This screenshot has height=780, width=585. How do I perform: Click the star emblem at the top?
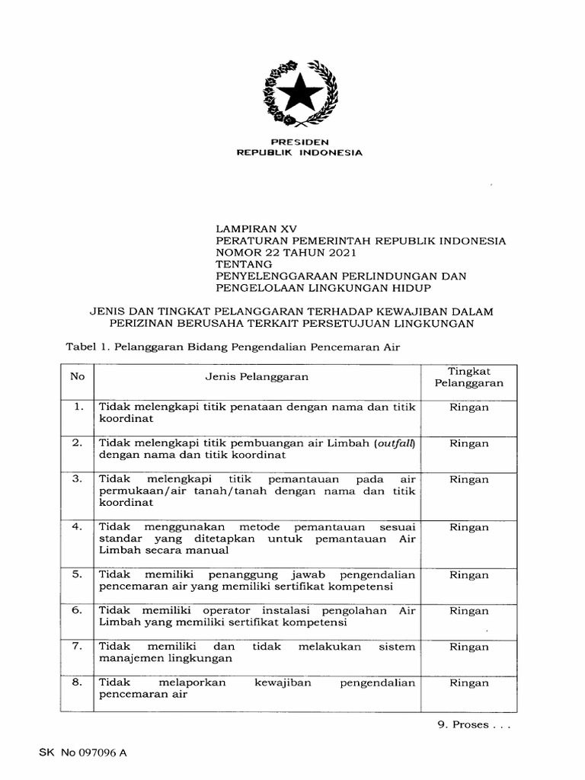pyautogui.click(x=299, y=95)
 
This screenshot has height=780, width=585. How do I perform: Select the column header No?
pyautogui.click(x=76, y=376)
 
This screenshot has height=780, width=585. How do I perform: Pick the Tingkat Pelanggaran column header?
pyautogui.click(x=468, y=376)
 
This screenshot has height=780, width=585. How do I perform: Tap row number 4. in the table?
pyautogui.click(x=77, y=526)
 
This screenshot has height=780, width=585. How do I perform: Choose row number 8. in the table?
pyautogui.click(x=77, y=682)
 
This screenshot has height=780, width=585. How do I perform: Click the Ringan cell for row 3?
pyautogui.click(x=468, y=480)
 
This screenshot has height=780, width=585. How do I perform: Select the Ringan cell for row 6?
pyautogui.click(x=468, y=611)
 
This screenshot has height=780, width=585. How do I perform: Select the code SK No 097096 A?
pyautogui.click(x=84, y=753)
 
